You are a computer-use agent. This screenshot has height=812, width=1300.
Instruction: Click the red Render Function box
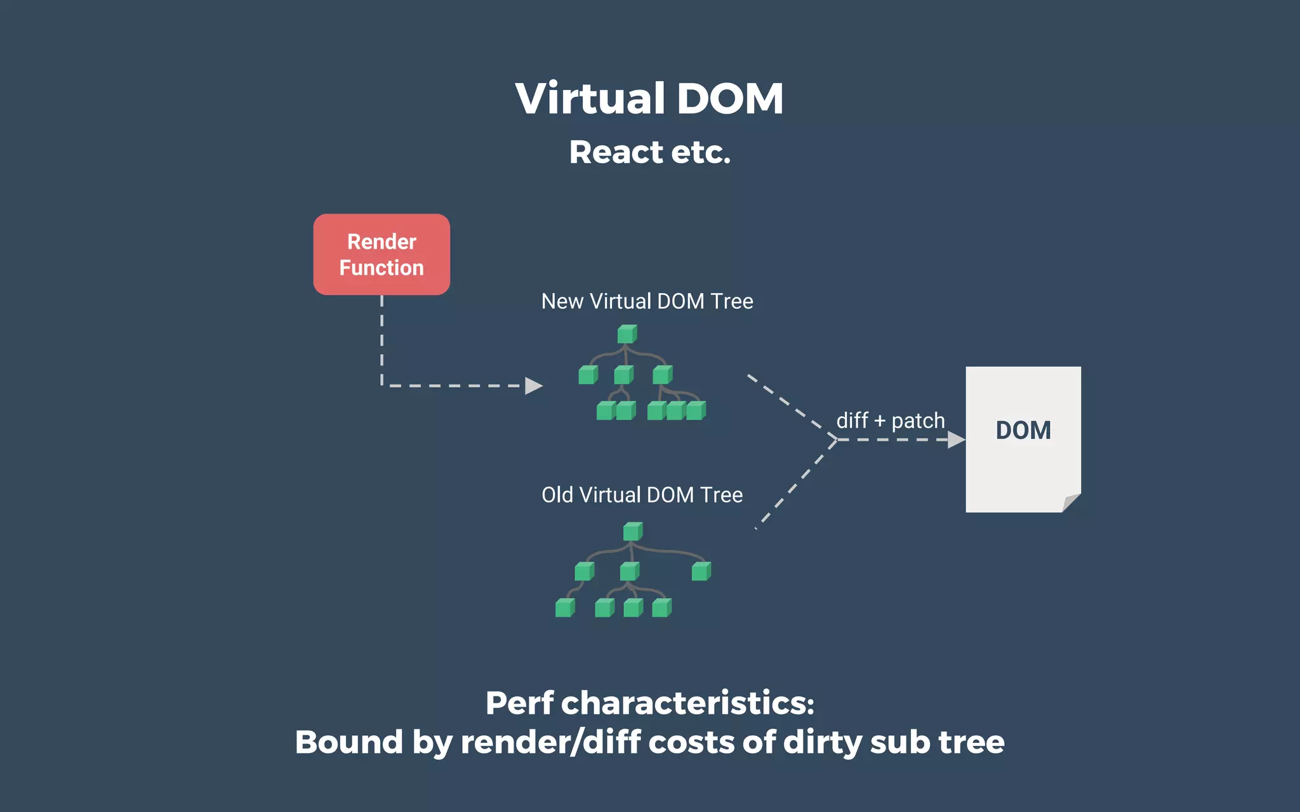[381, 254]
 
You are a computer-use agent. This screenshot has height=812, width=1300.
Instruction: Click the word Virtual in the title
[590, 99]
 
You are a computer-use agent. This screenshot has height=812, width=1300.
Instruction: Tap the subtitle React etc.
[649, 152]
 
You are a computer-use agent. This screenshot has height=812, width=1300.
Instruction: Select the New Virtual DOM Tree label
[647, 301]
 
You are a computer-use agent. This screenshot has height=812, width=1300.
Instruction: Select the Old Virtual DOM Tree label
[642, 495]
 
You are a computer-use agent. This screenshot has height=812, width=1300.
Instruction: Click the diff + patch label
[890, 421]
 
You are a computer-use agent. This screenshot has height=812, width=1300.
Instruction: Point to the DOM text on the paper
[1023, 430]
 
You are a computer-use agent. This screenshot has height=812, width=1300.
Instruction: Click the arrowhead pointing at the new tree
[533, 386]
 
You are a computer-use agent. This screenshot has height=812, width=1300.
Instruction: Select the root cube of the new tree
[627, 334]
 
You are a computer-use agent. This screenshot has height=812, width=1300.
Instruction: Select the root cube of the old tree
[632, 532]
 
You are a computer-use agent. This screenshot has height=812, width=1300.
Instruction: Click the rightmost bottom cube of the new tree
[696, 410]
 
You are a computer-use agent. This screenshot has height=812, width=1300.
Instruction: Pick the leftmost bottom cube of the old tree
[564, 608]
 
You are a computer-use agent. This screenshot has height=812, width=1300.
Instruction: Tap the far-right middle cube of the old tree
[701, 572]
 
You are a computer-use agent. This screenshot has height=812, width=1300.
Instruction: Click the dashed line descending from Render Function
[381, 339]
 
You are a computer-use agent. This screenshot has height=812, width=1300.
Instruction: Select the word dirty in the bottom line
[823, 742]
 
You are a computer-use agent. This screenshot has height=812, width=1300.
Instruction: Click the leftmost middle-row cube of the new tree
[588, 375]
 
